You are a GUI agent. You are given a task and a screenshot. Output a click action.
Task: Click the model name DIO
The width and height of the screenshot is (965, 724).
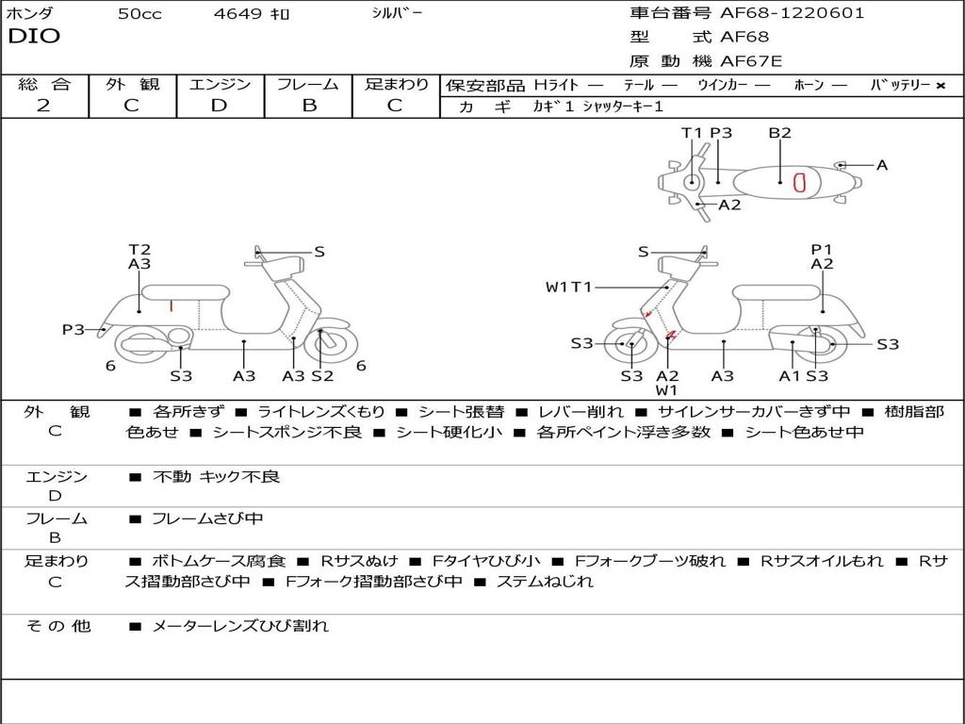click(34, 36)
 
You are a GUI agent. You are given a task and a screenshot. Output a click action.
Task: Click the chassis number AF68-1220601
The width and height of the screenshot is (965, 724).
click(792, 13)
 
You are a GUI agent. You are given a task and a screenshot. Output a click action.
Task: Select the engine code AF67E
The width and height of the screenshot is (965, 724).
click(751, 61)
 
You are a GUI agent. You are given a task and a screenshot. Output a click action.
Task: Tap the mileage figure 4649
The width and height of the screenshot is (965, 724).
click(237, 13)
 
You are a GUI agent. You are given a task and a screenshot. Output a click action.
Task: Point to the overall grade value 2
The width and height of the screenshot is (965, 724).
click(43, 106)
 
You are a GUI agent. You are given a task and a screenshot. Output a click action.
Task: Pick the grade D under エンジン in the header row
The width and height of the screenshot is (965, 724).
click(219, 106)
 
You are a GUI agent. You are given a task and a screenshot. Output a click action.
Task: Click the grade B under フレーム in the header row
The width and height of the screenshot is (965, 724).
click(309, 106)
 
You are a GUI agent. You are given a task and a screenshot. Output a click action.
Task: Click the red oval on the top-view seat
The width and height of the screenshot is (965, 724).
click(799, 182)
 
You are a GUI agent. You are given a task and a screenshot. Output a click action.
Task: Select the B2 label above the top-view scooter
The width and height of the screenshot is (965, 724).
click(779, 132)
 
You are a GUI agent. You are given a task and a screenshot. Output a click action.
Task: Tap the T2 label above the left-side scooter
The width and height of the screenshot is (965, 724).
click(139, 249)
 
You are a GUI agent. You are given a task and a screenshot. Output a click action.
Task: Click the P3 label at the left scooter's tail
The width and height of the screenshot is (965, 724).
click(74, 329)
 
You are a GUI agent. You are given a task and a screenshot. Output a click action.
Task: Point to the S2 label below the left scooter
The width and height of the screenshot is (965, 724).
click(322, 375)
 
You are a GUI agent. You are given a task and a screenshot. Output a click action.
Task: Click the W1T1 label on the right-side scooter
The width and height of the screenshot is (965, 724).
click(568, 287)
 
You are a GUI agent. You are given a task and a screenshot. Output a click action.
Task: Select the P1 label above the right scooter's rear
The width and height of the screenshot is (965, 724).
click(821, 249)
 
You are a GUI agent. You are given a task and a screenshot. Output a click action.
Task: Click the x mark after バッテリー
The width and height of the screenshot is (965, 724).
click(940, 86)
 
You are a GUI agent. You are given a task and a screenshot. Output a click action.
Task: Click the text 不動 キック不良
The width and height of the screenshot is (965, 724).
click(216, 476)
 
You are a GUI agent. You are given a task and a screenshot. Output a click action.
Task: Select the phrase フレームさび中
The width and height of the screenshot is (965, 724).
click(207, 519)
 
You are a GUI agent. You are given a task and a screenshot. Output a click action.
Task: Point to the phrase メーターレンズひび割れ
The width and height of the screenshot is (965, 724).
click(240, 626)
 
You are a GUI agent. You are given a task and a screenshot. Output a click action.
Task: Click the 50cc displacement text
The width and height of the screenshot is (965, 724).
click(139, 13)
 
